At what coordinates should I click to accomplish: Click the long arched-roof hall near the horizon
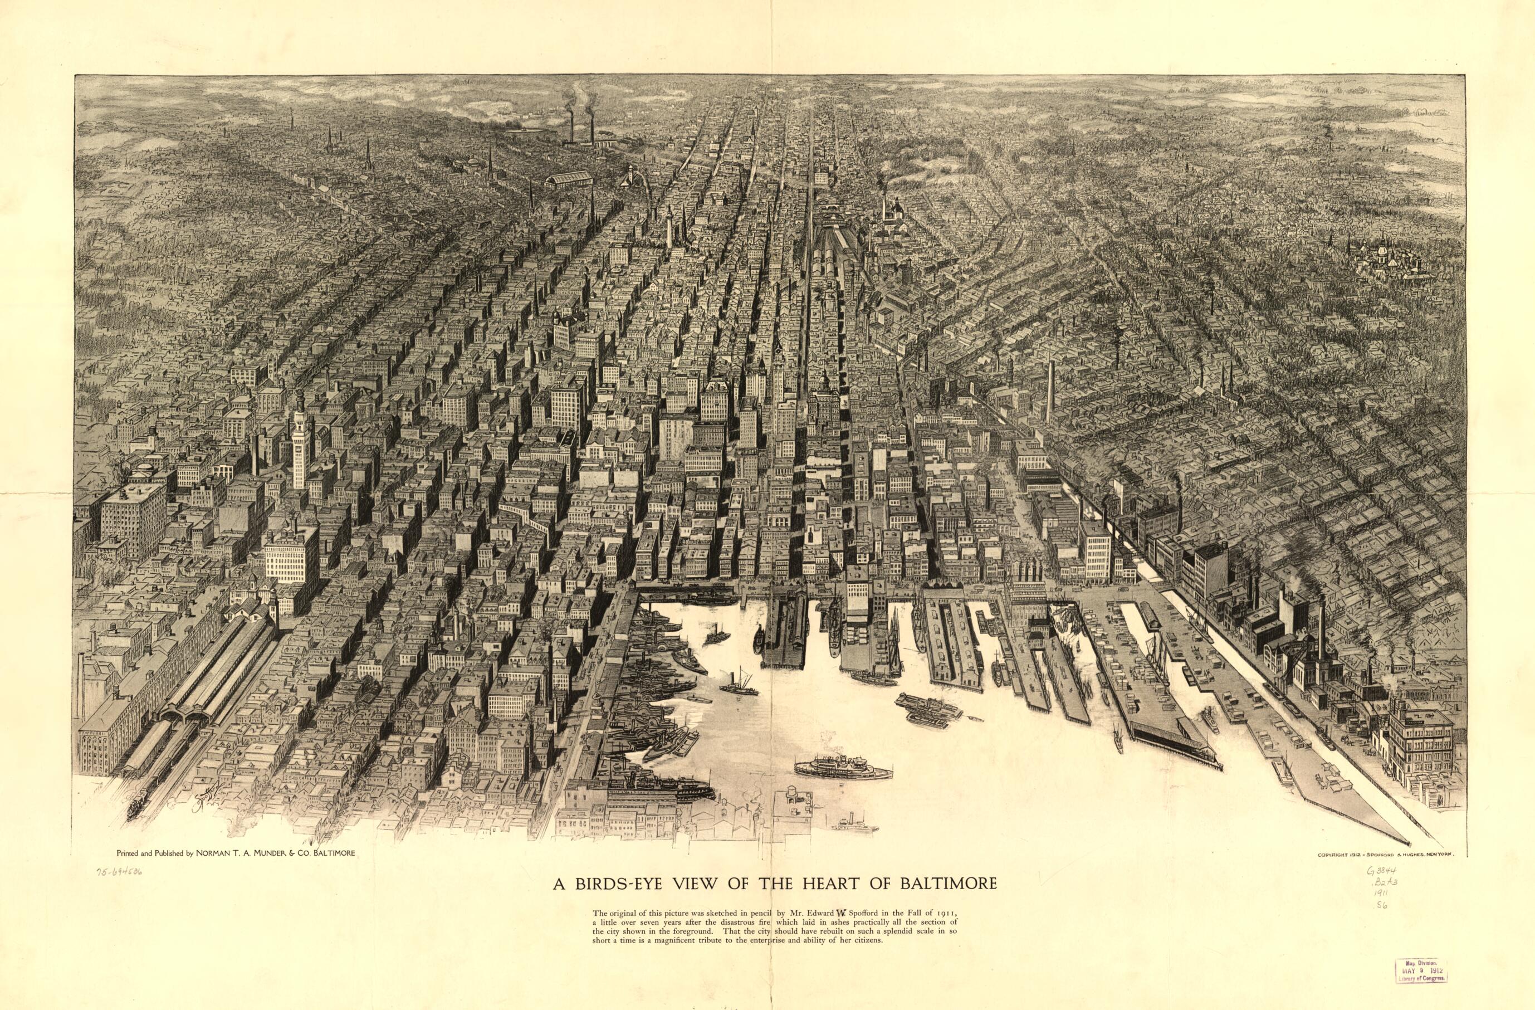(x=568, y=178)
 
